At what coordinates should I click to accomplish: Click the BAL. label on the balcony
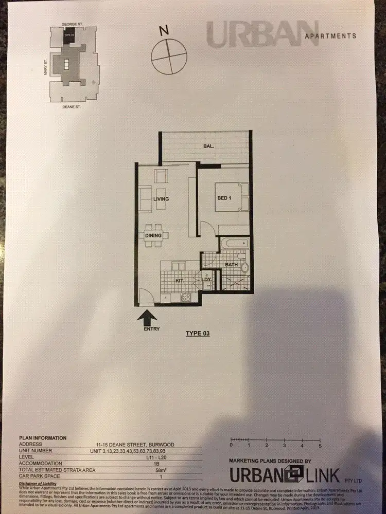[208, 146]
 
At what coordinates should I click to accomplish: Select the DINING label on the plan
[153, 235]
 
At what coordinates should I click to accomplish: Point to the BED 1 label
[224, 198]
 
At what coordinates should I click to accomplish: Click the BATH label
[231, 265]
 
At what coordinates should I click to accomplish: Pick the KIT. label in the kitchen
[180, 281]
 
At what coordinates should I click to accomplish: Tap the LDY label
[206, 280]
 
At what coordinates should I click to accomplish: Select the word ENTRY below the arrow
[152, 329]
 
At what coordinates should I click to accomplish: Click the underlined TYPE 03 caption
[198, 334]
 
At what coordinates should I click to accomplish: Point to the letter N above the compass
[164, 31]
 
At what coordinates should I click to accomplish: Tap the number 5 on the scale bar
[320, 445]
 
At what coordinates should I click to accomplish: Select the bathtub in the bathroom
[234, 244]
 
